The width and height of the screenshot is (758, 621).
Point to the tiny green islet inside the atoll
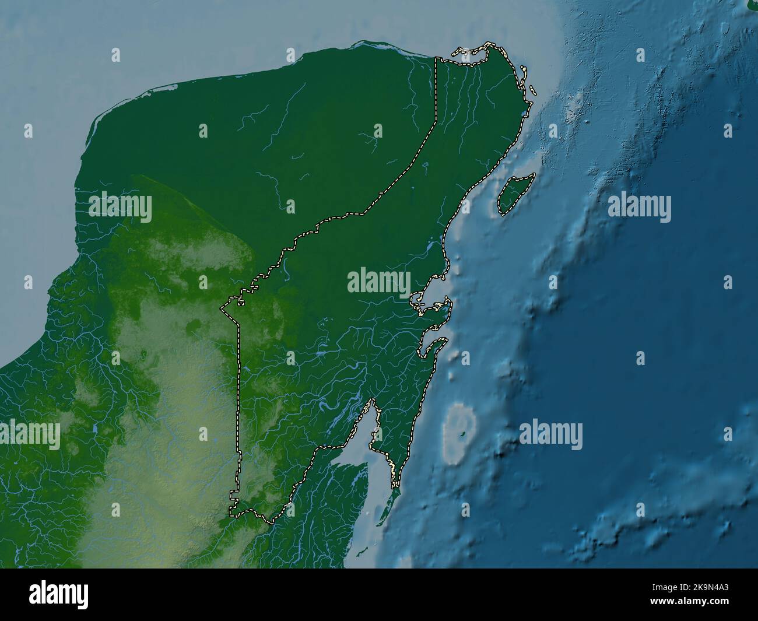[461, 434]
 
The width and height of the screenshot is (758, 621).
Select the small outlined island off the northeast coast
[533, 90]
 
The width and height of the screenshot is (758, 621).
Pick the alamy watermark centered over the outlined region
[379, 282]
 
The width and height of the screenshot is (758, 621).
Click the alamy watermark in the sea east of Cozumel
[639, 208]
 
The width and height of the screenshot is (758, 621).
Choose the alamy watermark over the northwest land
[120, 208]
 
